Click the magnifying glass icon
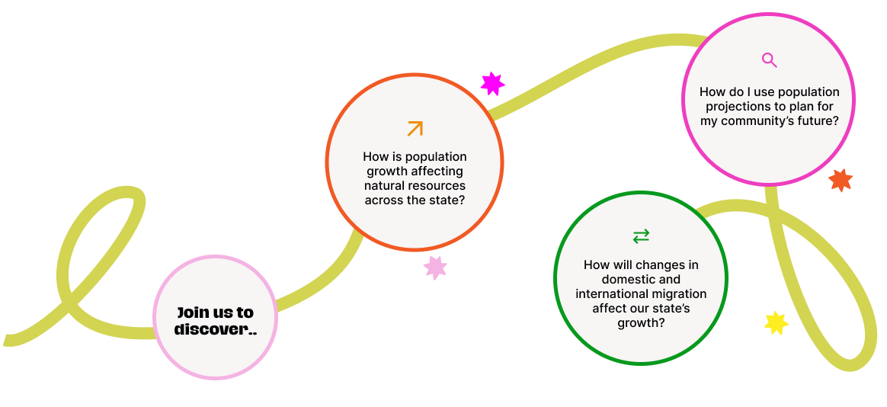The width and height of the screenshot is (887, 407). coord(769,60)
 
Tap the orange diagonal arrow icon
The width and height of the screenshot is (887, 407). coord(415,128)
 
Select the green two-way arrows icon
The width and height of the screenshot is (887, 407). coord(641,236)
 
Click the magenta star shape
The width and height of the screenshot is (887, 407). coord(492,83)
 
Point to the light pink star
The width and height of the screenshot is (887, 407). coord(435,267)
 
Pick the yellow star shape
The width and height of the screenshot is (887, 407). coord(776,323)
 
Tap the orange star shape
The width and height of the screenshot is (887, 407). coord(841,180)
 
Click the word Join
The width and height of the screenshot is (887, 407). coord(194,312)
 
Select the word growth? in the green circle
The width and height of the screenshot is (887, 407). coord(641,323)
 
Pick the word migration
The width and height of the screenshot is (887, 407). coord(682,294)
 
